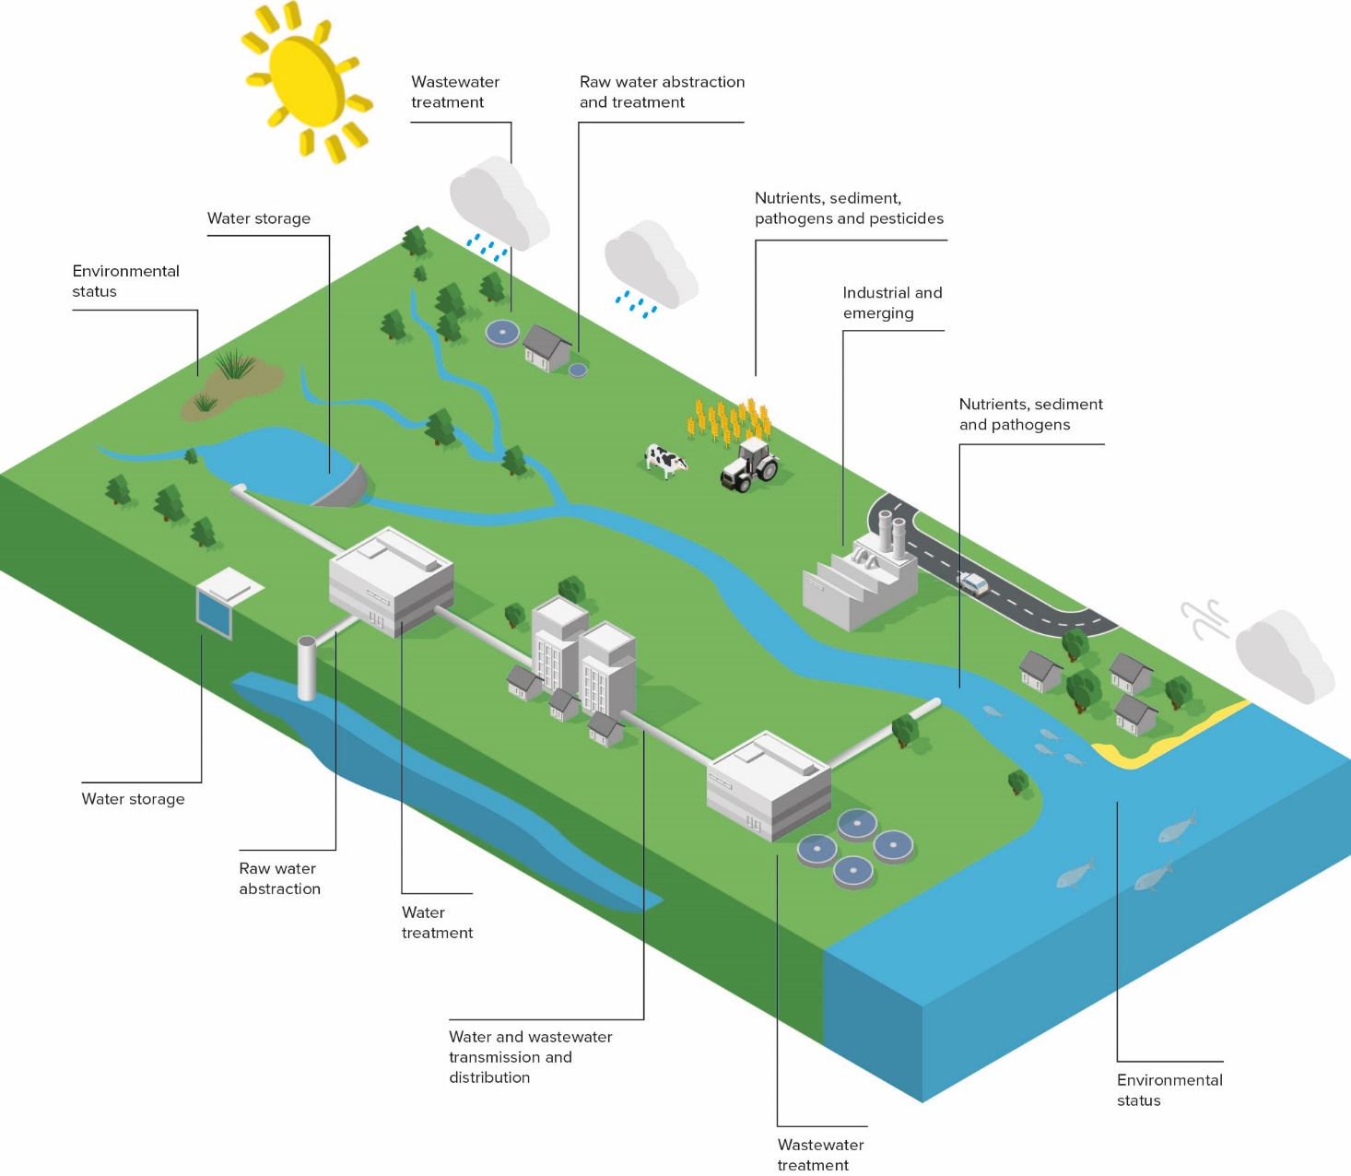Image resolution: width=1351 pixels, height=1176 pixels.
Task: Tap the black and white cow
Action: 665,459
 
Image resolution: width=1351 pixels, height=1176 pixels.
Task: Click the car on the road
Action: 973,582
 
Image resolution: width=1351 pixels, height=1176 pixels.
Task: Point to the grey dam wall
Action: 344,488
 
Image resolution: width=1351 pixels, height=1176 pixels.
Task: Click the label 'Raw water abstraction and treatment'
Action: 662,92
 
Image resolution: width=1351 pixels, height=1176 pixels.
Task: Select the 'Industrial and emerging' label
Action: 892,302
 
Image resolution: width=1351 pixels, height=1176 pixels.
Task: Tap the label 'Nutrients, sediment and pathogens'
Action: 1030,414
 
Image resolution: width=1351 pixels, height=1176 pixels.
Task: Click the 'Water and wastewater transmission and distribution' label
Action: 530,1056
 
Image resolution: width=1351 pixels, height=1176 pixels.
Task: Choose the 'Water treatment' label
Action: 437,922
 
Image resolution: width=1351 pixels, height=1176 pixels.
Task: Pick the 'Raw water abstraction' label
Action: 279,878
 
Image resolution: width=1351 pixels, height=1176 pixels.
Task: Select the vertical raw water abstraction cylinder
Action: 307,667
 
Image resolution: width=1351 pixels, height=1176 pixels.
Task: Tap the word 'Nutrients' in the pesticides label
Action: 788,198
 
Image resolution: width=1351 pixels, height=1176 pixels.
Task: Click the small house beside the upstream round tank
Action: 546,347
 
